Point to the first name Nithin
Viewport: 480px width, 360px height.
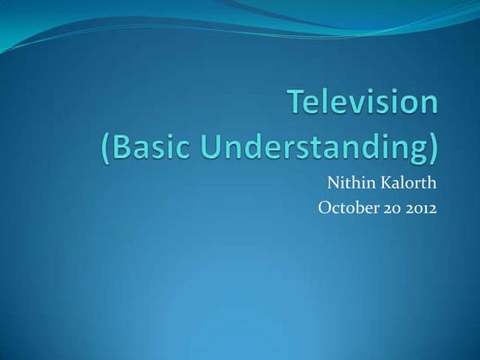click(351, 183)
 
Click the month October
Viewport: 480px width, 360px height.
click(345, 207)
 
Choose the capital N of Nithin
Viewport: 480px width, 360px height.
click(333, 183)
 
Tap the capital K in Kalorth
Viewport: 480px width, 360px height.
click(387, 183)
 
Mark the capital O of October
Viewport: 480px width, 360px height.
click(323, 207)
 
